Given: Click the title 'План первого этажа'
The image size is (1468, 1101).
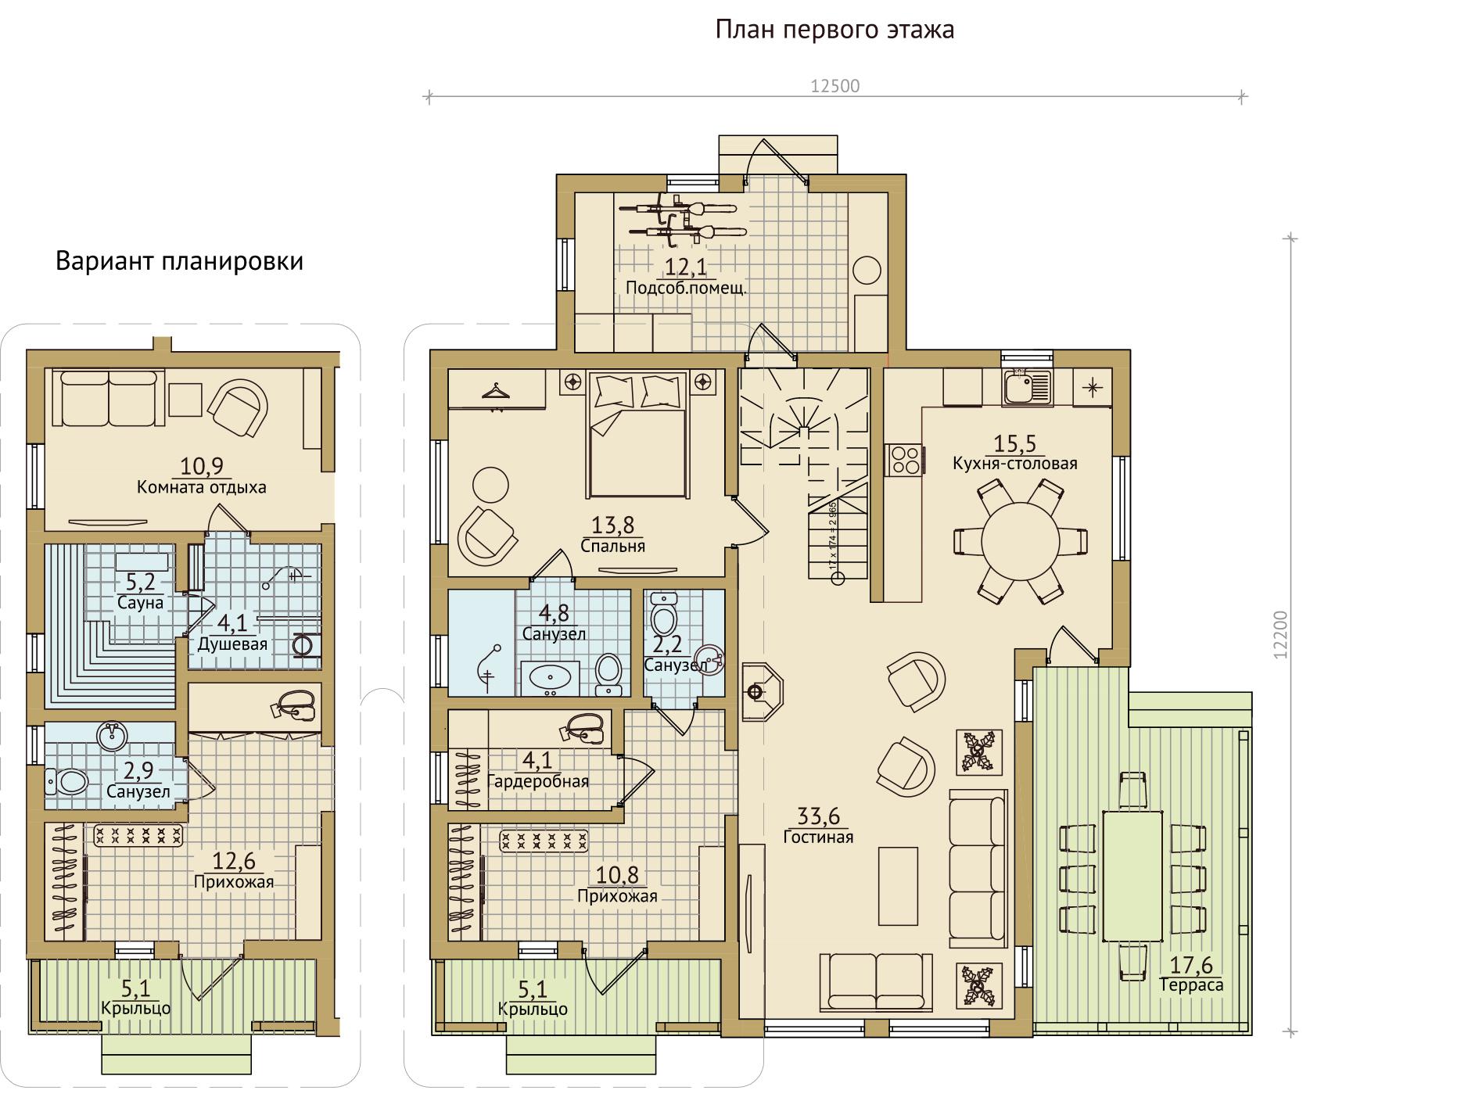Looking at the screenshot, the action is click(x=834, y=30).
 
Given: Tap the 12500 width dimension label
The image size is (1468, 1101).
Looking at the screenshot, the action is click(x=834, y=86).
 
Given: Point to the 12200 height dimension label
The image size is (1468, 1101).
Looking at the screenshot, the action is click(x=1280, y=636).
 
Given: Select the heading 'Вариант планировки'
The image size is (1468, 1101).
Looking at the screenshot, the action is click(x=179, y=260).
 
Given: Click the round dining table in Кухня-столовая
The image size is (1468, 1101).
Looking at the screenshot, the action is click(x=1020, y=540).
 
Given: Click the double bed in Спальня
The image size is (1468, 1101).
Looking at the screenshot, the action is click(x=637, y=433).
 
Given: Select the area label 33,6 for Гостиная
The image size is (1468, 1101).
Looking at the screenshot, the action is click(x=818, y=817).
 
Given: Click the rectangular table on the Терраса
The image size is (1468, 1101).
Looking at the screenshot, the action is click(x=1132, y=877).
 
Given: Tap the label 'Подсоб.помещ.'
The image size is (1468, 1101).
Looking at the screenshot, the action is click(x=686, y=288).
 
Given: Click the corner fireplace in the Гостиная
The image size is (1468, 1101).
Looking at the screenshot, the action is click(x=761, y=692).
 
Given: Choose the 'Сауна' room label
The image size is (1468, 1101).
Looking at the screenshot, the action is click(x=141, y=603).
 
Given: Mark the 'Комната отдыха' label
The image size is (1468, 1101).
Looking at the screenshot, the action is click(x=202, y=487).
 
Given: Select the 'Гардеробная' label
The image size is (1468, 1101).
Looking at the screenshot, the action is click(x=538, y=781).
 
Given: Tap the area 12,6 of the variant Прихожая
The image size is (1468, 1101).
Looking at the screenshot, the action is click(x=234, y=861).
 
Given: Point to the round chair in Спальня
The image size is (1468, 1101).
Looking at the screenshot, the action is click(x=491, y=486).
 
